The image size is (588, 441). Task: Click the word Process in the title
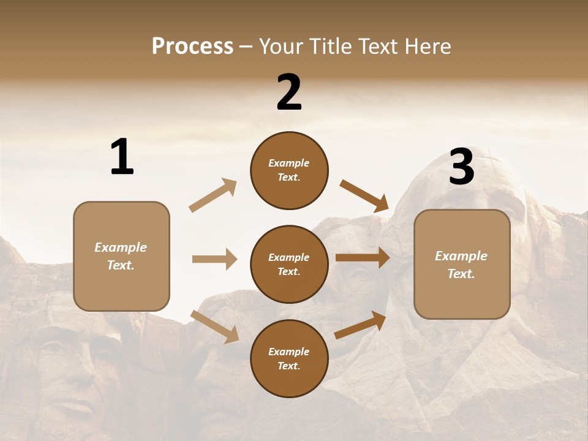[x=192, y=47]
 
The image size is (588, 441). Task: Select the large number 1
[x=122, y=157]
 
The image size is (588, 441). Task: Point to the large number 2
[x=289, y=93]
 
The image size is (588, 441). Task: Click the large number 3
[x=461, y=167]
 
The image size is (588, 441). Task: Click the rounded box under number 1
[x=121, y=256]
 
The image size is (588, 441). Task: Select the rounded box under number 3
[x=462, y=265]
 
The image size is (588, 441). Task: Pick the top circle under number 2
[x=289, y=170]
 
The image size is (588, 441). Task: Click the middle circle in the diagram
[x=289, y=265]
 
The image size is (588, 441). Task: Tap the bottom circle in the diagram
[x=289, y=359]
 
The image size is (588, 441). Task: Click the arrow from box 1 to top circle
[x=213, y=195]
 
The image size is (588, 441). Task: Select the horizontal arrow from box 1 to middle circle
[x=214, y=259]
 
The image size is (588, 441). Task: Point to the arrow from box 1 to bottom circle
[x=214, y=326]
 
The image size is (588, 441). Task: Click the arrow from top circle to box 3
[x=364, y=195]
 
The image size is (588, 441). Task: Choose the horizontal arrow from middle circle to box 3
[x=363, y=258]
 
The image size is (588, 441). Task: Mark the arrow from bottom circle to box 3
[x=360, y=325]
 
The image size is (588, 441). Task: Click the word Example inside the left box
[x=121, y=247]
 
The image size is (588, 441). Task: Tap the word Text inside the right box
[x=461, y=274]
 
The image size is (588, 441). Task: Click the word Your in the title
[x=281, y=47]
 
